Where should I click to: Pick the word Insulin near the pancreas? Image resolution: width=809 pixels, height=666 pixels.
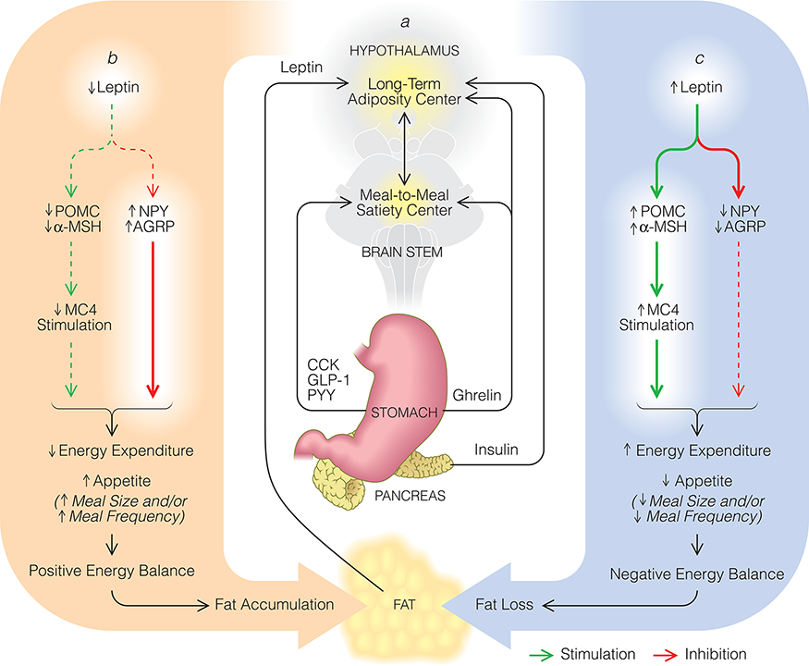[x=495, y=450]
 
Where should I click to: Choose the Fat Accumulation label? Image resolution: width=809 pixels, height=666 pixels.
[x=276, y=604]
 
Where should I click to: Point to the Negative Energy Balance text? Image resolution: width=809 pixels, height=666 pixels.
[x=697, y=574]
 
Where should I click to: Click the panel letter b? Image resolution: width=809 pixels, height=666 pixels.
[x=112, y=59]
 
